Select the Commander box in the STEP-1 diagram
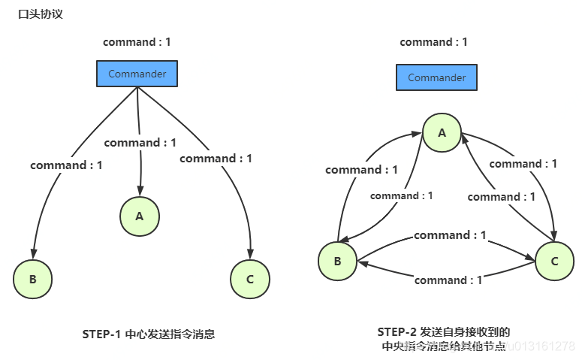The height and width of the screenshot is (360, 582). (x=137, y=74)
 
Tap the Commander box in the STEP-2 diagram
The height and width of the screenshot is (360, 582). (x=436, y=77)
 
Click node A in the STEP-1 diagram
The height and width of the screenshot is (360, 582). (x=139, y=216)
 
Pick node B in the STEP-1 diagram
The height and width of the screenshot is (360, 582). (x=32, y=280)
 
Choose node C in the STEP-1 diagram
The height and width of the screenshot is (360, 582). (x=249, y=280)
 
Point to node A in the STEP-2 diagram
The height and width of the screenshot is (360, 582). (x=442, y=133)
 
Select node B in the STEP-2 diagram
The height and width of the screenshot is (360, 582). (x=337, y=261)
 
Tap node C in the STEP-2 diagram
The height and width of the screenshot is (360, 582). (x=554, y=261)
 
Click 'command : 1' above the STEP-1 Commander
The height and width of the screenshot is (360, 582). (x=137, y=42)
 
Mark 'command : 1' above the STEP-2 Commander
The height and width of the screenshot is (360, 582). (x=433, y=42)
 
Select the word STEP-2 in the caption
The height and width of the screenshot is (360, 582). (x=397, y=331)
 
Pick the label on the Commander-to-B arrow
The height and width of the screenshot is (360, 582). (x=66, y=165)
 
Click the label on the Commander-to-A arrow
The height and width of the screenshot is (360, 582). (x=140, y=143)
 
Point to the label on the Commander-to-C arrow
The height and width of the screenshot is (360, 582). (x=216, y=159)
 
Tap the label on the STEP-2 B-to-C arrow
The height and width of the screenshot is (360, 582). (x=450, y=235)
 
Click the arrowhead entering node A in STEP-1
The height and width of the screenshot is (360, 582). (x=140, y=191)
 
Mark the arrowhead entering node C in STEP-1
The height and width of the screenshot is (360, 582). (x=250, y=253)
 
